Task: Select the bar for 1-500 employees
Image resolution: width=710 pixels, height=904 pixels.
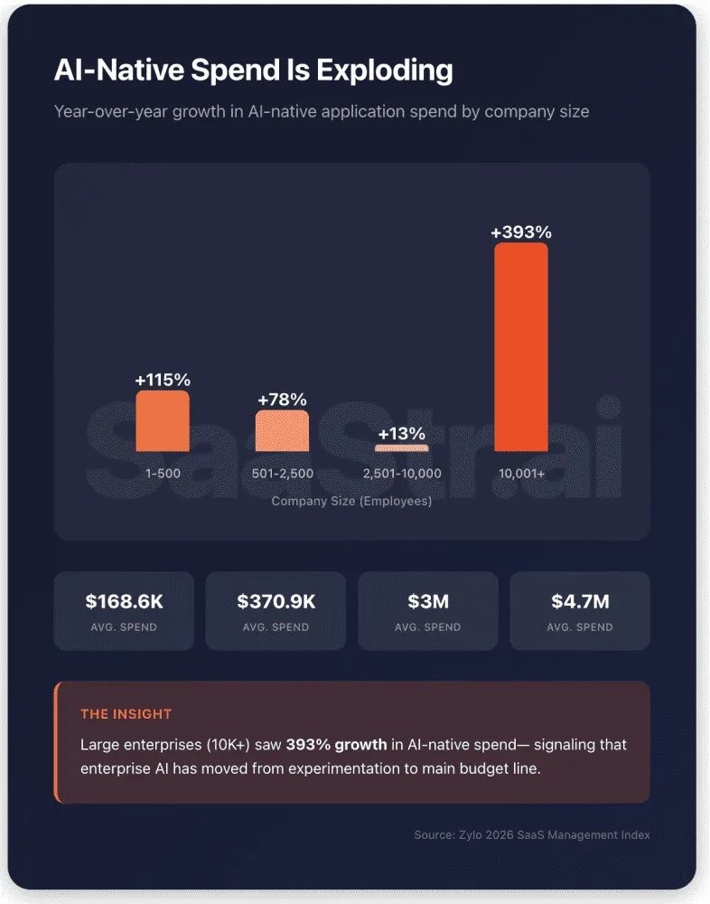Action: [163, 421]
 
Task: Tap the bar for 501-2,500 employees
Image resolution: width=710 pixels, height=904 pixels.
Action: [282, 431]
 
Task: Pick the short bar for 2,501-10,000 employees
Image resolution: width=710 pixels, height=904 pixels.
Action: [402, 447]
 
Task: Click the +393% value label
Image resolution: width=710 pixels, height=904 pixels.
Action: [521, 232]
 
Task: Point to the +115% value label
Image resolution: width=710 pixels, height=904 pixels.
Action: [163, 380]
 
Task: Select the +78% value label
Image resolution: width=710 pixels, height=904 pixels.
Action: [282, 400]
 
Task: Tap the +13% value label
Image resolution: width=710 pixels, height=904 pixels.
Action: [402, 434]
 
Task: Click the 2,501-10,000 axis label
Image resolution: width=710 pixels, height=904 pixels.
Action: [402, 474]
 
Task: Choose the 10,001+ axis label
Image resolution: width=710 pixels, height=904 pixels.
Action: [521, 474]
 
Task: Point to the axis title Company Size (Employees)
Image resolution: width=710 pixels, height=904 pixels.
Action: [351, 501]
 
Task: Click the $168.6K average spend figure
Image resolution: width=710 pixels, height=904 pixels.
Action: [125, 601]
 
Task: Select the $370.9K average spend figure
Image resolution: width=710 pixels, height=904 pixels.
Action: [276, 601]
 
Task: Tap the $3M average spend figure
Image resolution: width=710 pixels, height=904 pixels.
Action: [428, 601]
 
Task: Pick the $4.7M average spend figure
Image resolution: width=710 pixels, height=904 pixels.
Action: [580, 601]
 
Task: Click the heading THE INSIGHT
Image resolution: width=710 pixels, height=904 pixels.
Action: [126, 714]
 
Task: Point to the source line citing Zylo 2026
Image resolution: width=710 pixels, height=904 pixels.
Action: [532, 834]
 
